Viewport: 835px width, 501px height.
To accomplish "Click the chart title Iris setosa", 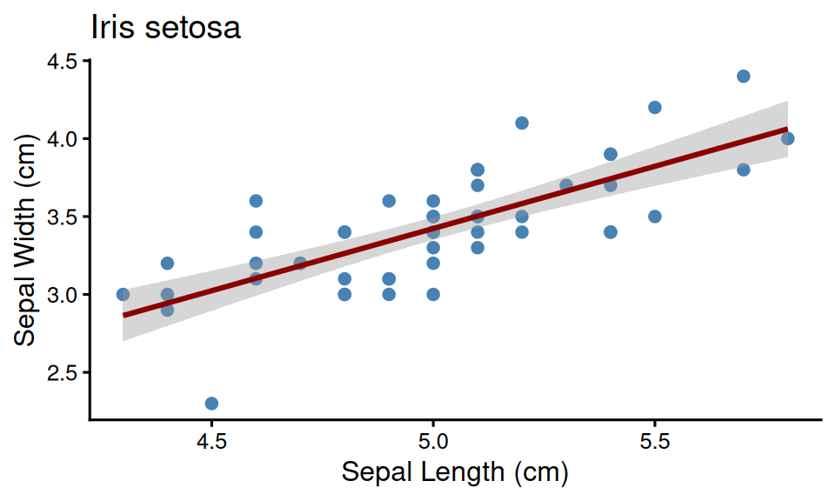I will pyautogui.click(x=165, y=28).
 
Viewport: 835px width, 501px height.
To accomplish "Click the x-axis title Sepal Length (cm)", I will pyautogui.click(x=454, y=472).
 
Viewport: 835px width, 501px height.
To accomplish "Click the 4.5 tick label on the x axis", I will pyautogui.click(x=211, y=442).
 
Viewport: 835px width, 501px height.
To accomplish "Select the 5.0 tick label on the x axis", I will pyautogui.click(x=433, y=442).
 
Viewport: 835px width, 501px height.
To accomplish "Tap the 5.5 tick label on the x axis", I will pyautogui.click(x=655, y=442).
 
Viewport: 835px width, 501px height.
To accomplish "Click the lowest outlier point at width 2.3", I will pyautogui.click(x=211, y=404).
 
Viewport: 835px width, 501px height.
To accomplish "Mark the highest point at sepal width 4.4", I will pyautogui.click(x=744, y=77).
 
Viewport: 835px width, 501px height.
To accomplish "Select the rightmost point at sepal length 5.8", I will pyautogui.click(x=788, y=138).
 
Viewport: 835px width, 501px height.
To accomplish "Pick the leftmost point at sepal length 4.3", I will pyautogui.click(x=123, y=295).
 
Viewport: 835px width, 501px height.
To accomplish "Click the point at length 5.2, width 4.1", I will pyautogui.click(x=522, y=123).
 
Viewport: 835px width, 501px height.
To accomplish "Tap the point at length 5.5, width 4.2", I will pyautogui.click(x=655, y=107).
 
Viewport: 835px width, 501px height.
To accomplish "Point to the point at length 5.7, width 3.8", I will pyautogui.click(x=744, y=170).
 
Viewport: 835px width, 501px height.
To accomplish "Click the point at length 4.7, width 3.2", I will pyautogui.click(x=300, y=264).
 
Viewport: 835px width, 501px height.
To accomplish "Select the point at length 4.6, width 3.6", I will pyautogui.click(x=256, y=201).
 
